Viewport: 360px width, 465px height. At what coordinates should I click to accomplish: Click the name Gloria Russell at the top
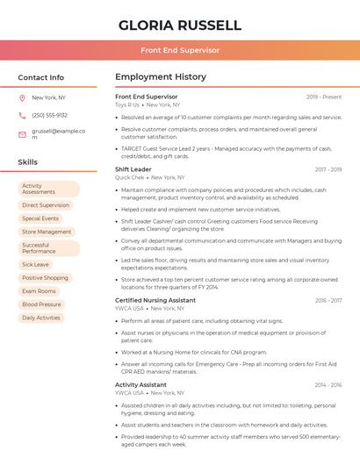[179, 25]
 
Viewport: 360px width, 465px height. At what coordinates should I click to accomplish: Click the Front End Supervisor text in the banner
[179, 50]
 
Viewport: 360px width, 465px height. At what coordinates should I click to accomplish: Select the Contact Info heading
[41, 77]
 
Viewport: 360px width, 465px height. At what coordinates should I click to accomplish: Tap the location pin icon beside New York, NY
[22, 98]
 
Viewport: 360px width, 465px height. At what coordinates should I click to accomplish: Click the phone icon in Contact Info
[22, 115]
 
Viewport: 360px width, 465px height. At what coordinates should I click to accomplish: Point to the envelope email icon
[22, 134]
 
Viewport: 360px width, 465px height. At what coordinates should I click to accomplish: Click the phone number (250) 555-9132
[49, 115]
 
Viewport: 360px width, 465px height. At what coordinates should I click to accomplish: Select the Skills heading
[28, 162]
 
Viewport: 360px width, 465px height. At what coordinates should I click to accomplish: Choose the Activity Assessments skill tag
[48, 189]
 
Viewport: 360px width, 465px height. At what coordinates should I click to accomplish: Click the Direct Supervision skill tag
[46, 205]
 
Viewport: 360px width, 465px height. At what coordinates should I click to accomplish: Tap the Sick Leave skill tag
[36, 264]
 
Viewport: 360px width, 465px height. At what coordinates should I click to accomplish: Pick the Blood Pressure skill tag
[41, 304]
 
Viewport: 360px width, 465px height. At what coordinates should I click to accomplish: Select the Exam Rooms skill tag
[39, 291]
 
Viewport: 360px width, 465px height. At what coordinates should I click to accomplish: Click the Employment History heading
[161, 77]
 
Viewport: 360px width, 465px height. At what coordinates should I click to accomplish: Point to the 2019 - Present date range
[324, 97]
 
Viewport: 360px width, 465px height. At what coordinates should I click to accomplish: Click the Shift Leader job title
[133, 168]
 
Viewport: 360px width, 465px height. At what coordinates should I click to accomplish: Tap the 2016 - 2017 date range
[328, 300]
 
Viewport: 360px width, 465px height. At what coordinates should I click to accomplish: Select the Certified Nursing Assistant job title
[155, 300]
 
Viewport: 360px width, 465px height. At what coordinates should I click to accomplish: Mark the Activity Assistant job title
[140, 384]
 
